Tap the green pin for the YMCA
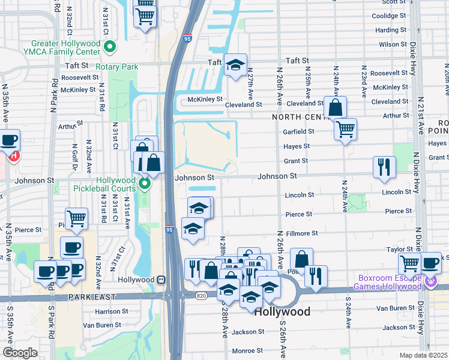coord(110,47)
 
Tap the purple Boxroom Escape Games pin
coord(431,281)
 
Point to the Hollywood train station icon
coord(160,280)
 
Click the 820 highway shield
coord(201,295)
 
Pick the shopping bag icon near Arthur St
coord(335,108)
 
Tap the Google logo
coord(20,352)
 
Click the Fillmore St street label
coord(301,233)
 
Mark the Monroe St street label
coord(247,350)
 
